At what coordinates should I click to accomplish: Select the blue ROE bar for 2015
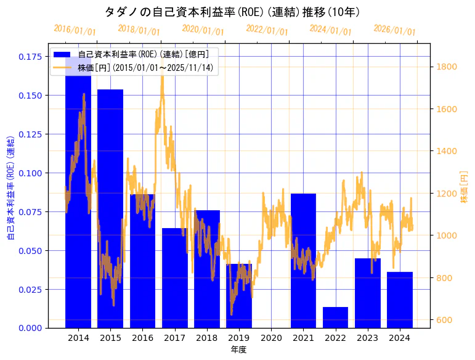click(x=110, y=210)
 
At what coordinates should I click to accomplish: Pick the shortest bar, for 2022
click(x=335, y=317)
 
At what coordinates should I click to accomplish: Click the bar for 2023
click(x=367, y=293)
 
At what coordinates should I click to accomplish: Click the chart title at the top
click(x=232, y=12)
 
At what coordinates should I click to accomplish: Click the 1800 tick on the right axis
click(x=446, y=67)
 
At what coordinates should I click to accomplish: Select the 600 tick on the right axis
click(x=444, y=320)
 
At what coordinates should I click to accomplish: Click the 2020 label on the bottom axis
click(x=271, y=338)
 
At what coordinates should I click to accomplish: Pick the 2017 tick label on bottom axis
click(x=174, y=338)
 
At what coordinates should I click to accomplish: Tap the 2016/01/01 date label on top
click(x=75, y=30)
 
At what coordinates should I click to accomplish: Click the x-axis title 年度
click(x=238, y=350)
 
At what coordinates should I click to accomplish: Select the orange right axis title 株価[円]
click(x=465, y=188)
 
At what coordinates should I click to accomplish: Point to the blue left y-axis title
click(x=10, y=188)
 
